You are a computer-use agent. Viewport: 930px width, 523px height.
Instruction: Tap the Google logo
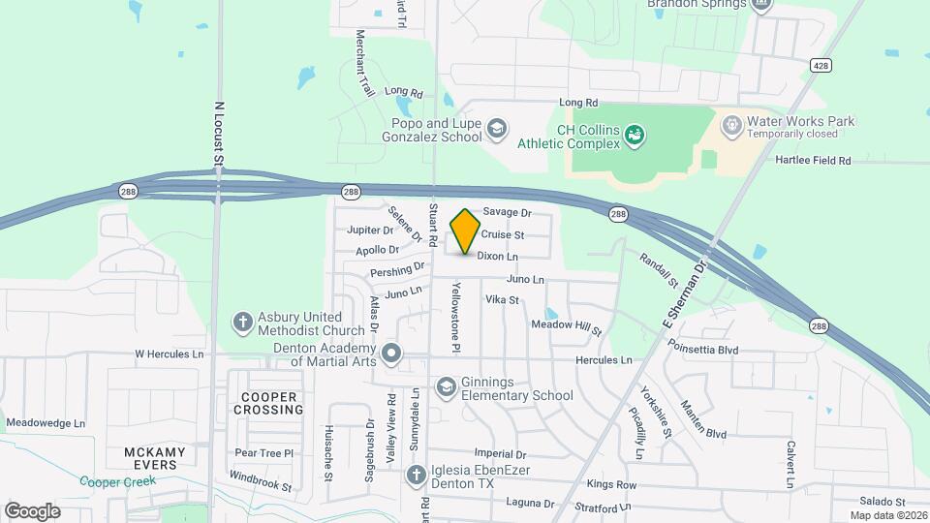[32, 510]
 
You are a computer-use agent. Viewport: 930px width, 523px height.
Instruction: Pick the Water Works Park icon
[731, 126]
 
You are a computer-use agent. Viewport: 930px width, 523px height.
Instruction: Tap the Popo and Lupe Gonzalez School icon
[497, 128]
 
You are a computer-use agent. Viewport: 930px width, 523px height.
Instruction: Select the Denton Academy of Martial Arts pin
[391, 354]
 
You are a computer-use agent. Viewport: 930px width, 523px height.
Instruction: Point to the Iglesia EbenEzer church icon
[416, 475]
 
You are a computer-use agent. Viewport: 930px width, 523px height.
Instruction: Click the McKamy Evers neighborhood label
[150, 458]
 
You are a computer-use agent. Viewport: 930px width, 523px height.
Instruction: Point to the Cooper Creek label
[111, 481]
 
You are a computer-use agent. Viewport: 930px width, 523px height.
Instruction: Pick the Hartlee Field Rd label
[813, 160]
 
